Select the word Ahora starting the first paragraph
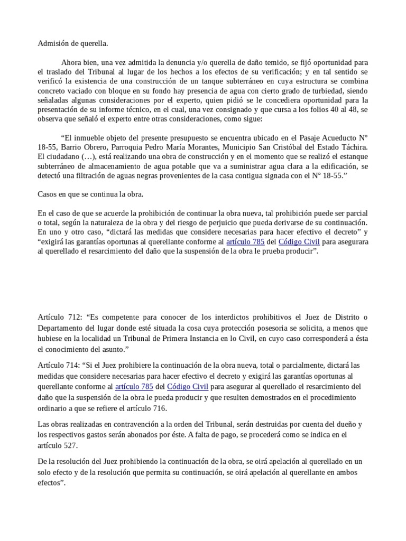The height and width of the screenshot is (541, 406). pos(71,62)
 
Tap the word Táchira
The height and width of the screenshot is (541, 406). pos(351,147)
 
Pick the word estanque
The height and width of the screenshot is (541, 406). pos(351,157)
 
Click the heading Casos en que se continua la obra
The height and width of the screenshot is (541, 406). pos(90,194)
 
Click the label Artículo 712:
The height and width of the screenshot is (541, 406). pos(59,317)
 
